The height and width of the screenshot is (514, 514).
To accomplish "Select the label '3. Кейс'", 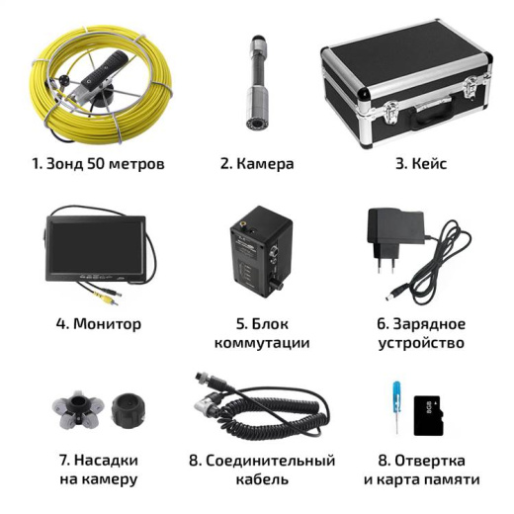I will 420,163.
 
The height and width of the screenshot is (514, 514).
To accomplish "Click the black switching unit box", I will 259,253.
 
